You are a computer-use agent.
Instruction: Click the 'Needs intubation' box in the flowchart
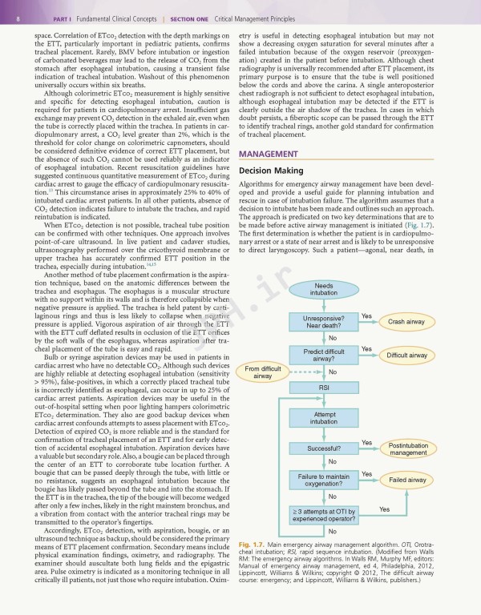(x=324, y=289)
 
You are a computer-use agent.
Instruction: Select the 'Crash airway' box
(x=406, y=322)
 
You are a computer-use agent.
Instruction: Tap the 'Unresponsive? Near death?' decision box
(x=324, y=322)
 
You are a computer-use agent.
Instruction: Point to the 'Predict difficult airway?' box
(x=324, y=355)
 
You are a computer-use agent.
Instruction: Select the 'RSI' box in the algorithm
(x=324, y=388)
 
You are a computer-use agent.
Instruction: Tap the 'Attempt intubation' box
(x=324, y=417)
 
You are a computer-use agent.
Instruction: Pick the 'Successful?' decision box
(x=324, y=449)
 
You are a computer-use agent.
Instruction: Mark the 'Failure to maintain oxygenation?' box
(x=324, y=480)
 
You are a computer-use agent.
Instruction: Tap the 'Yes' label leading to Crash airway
(x=366, y=316)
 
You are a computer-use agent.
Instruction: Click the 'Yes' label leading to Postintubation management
(x=366, y=443)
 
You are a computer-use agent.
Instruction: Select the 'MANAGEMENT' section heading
(x=274, y=176)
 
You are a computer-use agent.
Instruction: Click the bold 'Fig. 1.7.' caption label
(x=252, y=545)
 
